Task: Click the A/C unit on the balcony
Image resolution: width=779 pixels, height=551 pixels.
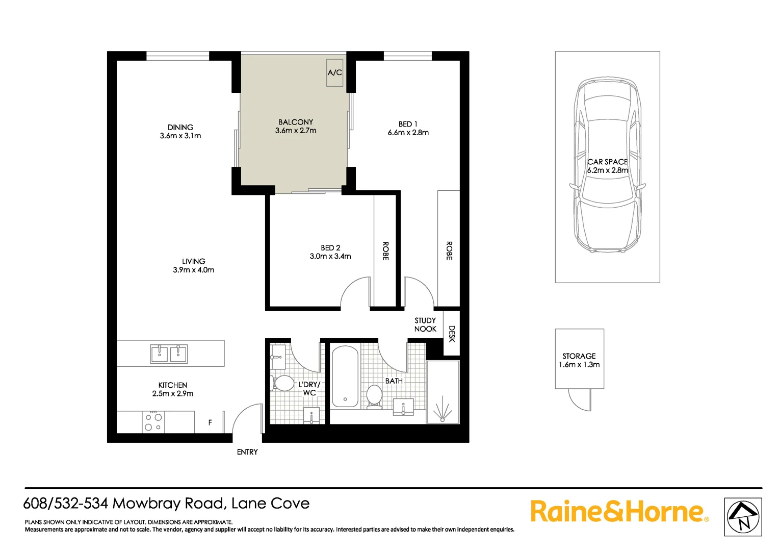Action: tap(334, 72)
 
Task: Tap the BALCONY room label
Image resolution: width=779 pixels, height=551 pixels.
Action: tap(296, 122)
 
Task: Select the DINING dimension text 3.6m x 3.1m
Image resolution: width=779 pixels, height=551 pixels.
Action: tap(180, 136)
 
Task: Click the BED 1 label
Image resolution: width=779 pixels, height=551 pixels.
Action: tap(408, 124)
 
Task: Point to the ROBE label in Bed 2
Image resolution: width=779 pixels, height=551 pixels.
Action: tap(385, 251)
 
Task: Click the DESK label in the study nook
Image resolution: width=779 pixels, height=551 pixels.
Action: tap(452, 334)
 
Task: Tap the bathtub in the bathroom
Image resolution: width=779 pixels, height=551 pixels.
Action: tap(345, 377)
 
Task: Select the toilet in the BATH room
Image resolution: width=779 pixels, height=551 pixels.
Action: tap(374, 396)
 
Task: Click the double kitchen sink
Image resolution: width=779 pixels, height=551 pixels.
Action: tap(169, 354)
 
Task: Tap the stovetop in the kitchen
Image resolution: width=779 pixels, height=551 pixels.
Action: tap(153, 422)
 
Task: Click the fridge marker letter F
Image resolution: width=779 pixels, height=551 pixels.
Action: tap(210, 422)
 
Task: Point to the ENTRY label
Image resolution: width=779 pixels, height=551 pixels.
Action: tap(247, 452)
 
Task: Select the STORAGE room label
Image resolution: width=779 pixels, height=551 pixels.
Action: tap(579, 356)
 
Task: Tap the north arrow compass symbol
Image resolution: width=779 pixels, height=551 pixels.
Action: tap(743, 517)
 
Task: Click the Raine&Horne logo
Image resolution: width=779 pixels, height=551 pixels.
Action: tap(619, 511)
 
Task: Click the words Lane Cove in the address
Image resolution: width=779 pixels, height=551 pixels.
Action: tap(270, 504)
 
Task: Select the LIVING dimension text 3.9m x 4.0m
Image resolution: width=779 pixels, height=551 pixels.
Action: tap(193, 270)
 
